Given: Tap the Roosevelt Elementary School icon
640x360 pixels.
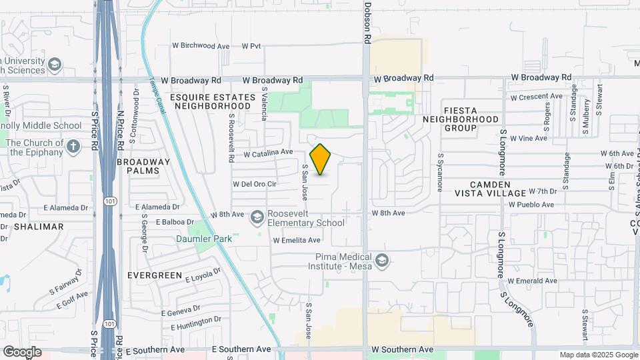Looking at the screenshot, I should click(x=257, y=217).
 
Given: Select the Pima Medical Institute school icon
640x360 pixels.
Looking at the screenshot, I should click(x=381, y=259).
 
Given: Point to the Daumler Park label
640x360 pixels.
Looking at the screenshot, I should click(x=199, y=239).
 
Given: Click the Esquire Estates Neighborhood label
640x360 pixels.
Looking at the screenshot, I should click(x=213, y=101).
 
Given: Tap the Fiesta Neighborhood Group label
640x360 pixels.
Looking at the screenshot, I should click(x=461, y=123).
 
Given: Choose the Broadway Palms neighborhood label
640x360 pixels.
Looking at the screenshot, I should click(x=143, y=166).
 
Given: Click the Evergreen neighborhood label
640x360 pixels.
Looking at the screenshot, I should click(x=155, y=275).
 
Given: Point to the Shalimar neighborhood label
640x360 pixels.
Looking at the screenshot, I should click(x=39, y=227).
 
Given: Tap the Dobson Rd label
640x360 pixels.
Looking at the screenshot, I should click(x=367, y=23).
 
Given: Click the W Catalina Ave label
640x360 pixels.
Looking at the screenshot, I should click(x=268, y=153).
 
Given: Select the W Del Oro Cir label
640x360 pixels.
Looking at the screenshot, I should click(x=254, y=184).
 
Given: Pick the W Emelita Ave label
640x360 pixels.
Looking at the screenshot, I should click(x=297, y=240).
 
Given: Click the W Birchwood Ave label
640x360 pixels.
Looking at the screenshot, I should click(x=201, y=46).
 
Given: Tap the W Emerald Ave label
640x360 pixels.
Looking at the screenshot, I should click(x=532, y=281).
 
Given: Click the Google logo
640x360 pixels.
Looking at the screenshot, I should click(x=22, y=351).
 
